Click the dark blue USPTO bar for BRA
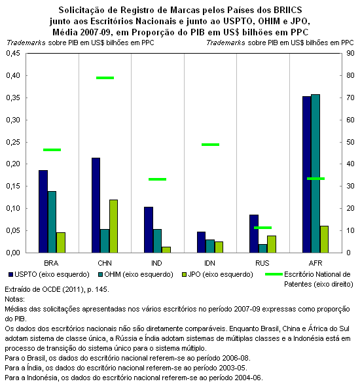pos(43,211)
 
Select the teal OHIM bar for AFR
pos(315,173)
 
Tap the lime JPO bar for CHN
pos(113,226)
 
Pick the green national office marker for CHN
pos(105,78)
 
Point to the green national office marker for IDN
pos(211,145)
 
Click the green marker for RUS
pos(262,228)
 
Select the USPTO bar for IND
pos(149,230)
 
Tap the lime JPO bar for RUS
pos(272,244)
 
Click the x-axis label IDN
pos(209,263)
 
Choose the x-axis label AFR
pos(315,263)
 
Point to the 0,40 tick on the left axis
pos(13,75)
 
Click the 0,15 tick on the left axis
pos(13,186)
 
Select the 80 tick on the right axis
pos(350,75)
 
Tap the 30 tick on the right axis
pos(350,186)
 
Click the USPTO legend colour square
pos(10,275)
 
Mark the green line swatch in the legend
pos(274,274)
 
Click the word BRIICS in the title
pos(287,10)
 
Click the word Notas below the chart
pos(14,299)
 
